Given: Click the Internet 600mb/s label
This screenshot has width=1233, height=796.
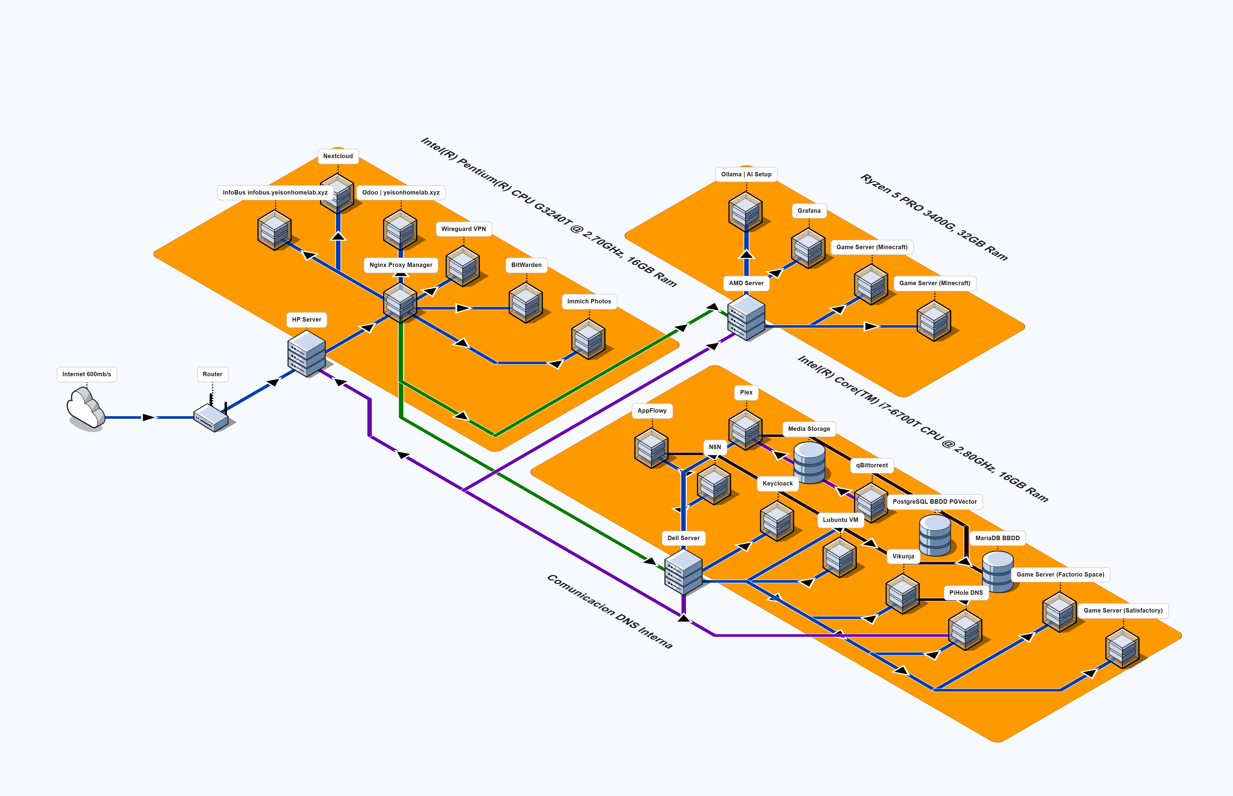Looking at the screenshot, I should coord(87,374).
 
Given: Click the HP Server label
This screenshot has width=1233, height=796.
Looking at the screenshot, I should coord(306,319).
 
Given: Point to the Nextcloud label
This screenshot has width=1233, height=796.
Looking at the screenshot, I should coord(338,156).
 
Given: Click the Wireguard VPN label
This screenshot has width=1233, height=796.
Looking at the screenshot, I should coord(463,229).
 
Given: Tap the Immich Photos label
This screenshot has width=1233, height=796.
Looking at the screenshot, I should coord(589,301).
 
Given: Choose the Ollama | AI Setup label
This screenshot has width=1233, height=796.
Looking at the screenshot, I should coord(746,174).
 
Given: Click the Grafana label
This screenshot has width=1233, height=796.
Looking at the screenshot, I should coord(809,211).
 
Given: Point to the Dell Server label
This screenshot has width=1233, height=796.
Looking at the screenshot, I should coord(683,538).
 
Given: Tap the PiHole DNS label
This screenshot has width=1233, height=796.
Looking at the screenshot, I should coord(966,593).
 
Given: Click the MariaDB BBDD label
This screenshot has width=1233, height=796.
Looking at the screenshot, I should coord(997,538).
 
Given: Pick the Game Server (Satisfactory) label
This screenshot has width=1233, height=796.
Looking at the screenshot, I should coord(1123,611).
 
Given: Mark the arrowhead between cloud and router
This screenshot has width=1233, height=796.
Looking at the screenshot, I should coord(149,417).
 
